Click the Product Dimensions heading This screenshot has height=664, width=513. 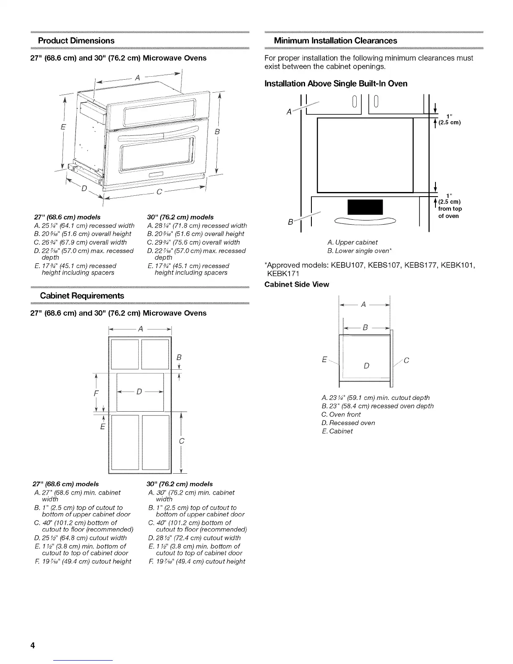76,41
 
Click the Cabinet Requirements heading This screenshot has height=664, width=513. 81,296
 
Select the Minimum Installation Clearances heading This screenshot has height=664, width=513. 335,41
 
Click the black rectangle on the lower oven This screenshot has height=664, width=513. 365,207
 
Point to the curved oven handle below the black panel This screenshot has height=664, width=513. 365,220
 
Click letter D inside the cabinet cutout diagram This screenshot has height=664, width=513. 139,392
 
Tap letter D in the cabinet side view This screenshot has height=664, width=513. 366,366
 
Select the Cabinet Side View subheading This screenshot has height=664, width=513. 297,284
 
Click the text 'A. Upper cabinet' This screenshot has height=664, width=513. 352,242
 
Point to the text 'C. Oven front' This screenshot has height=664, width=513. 341,414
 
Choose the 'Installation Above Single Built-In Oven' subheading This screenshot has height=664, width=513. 336,83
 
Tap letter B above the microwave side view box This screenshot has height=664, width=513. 365,328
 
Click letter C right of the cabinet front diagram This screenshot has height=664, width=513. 181,441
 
